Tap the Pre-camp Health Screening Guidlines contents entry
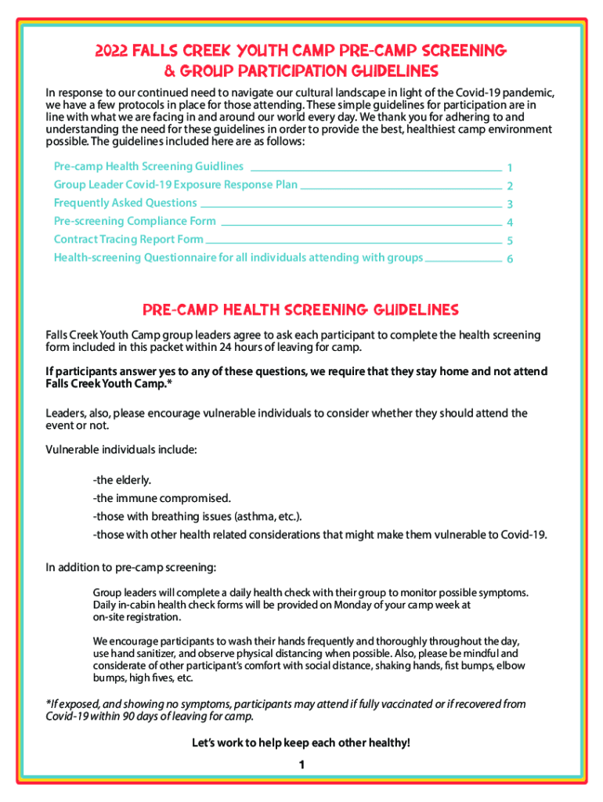point(148,167)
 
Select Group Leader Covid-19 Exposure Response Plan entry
point(175,185)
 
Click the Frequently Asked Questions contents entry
point(125,203)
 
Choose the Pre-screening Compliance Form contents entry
point(135,221)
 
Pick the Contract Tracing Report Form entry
point(128,239)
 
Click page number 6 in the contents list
point(510,259)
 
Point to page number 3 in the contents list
point(510,205)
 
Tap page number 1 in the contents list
point(510,168)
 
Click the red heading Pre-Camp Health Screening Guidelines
point(301,309)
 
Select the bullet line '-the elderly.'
point(122,479)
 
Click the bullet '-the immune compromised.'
point(162,497)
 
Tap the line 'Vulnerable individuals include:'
point(121,450)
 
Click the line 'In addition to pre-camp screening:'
point(131,567)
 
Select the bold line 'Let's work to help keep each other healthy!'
point(301,742)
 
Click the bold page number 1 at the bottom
point(301,765)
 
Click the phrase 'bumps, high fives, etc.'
point(143,677)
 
